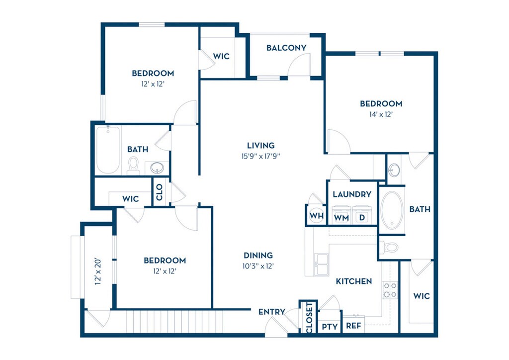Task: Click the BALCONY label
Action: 286,48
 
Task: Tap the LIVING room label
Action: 261,146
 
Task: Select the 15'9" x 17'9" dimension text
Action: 261,156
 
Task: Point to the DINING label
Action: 258,256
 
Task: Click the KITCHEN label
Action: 354,281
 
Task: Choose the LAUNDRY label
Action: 352,194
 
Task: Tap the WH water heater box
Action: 316,216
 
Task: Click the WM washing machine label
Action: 341,217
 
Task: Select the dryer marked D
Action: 362,217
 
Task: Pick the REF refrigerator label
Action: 353,327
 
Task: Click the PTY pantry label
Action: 330,327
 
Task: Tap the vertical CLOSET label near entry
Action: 309,317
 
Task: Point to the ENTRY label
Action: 272,312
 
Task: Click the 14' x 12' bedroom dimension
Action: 381,114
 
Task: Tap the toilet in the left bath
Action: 133,166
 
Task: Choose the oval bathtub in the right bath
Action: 392,210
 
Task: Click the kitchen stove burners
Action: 390,290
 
